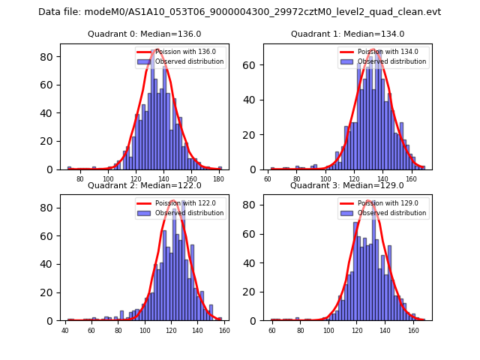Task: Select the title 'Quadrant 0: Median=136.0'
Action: [x=144, y=34]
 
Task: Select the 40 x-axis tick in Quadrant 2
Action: [x=65, y=331]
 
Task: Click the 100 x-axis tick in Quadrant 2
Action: [x=145, y=331]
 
